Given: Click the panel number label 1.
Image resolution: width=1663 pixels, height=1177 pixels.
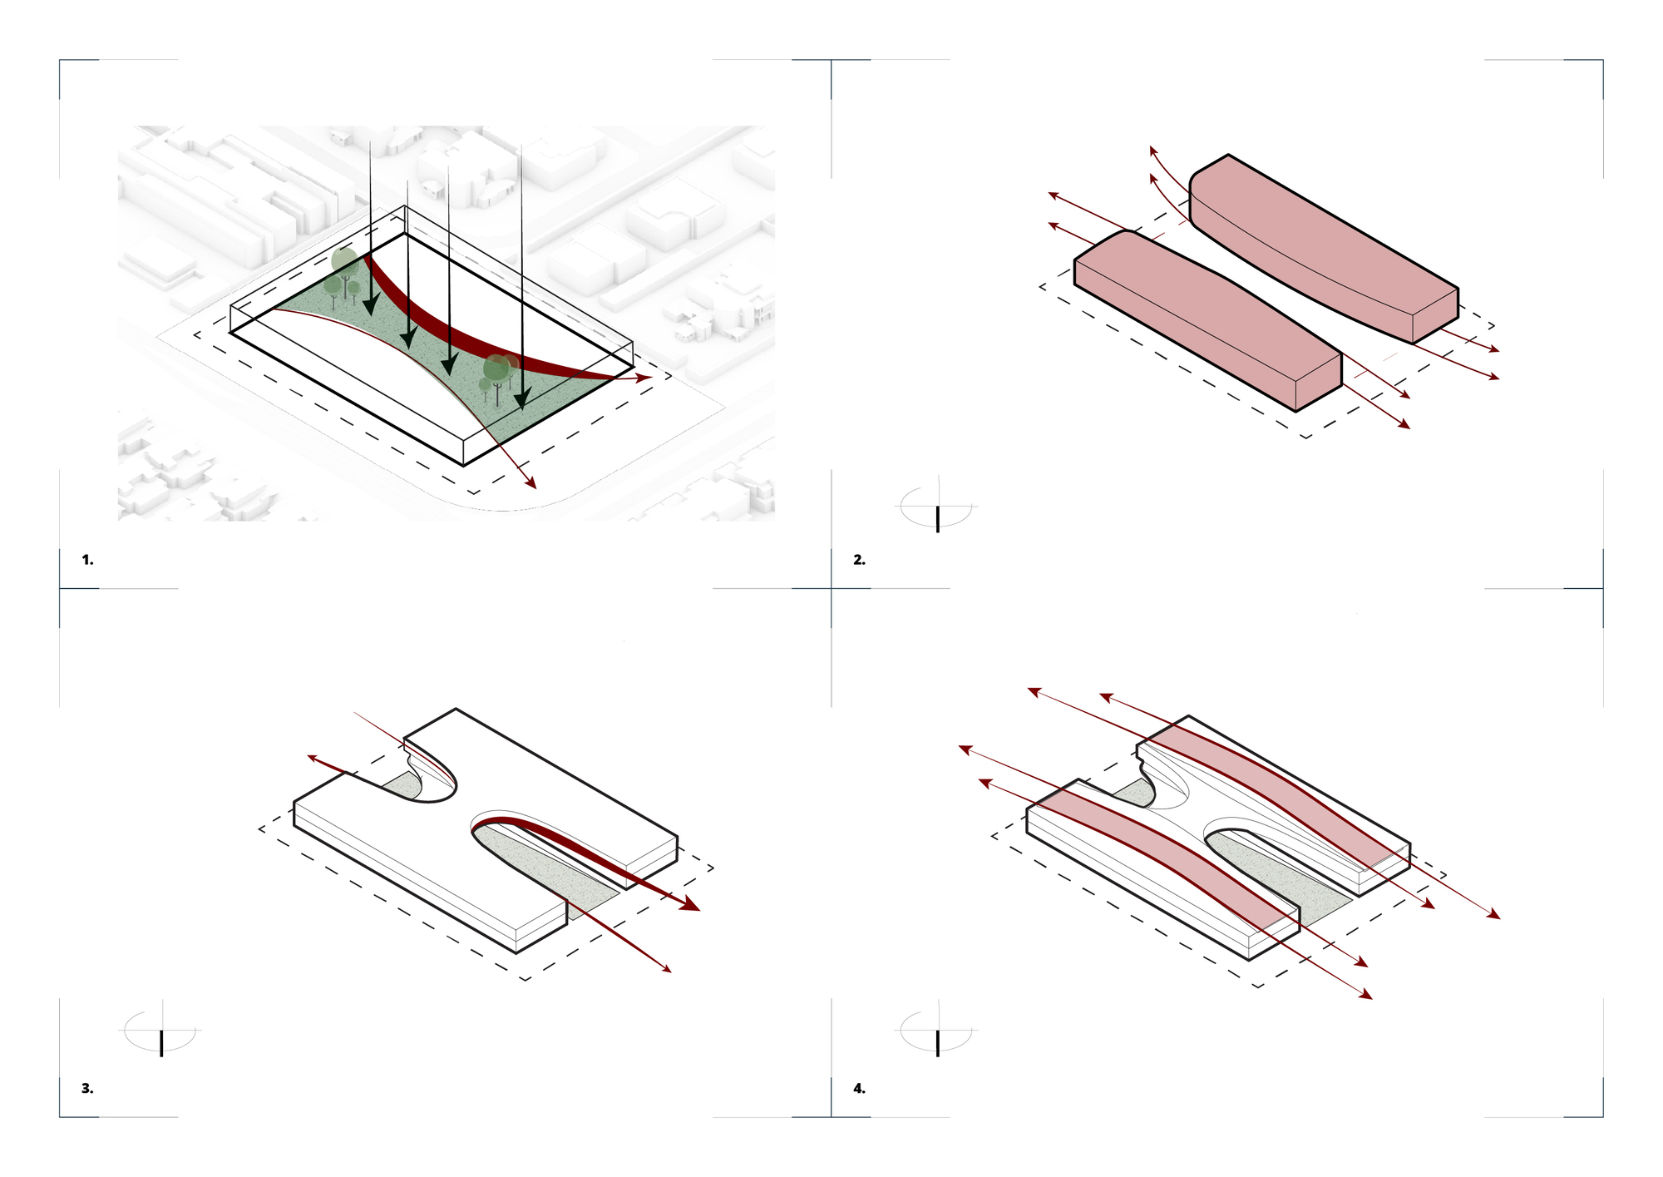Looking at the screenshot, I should (x=87, y=560).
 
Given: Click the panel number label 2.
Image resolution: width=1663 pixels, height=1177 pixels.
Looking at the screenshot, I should (x=859, y=560).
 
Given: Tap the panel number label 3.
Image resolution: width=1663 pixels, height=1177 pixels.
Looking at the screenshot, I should (x=87, y=1088).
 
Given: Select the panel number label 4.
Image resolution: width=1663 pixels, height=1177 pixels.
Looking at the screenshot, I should (x=859, y=1088).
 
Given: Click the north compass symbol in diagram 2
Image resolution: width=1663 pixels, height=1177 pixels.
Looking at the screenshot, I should (x=937, y=507).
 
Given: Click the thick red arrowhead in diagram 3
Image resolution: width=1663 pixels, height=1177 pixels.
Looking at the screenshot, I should (x=689, y=905).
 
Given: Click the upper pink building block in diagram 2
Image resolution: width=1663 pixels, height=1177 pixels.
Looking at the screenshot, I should (x=1322, y=250).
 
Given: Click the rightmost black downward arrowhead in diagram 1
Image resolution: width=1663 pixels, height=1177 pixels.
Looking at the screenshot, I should (x=521, y=401).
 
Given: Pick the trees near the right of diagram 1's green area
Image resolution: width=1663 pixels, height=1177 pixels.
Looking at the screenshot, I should (x=496, y=376).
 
